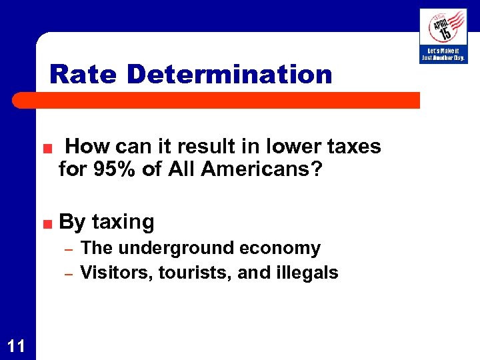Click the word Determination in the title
[229, 74]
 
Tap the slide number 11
[17, 345]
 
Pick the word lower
[291, 146]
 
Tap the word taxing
[123, 221]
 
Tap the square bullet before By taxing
[49, 223]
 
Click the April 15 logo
[443, 27]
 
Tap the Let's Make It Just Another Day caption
[443, 54]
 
